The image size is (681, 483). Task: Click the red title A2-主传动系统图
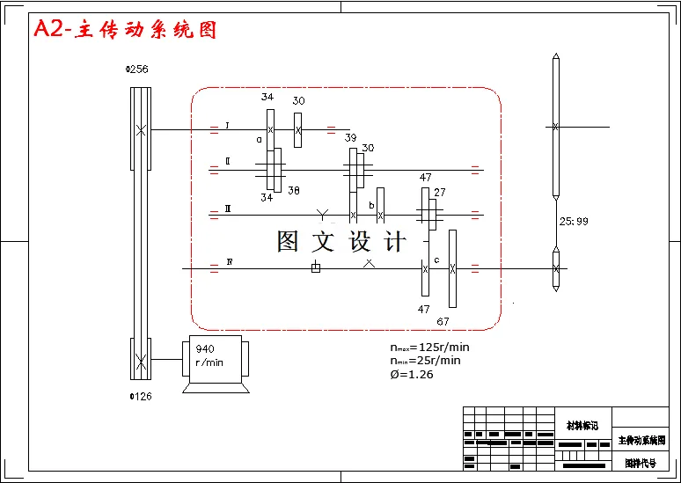tap(125, 30)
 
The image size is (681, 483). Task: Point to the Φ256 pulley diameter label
tap(138, 70)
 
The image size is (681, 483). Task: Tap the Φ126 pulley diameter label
tap(141, 396)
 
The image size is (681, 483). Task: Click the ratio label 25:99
tap(573, 222)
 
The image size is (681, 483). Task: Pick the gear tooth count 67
tap(443, 321)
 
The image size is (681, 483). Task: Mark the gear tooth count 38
tap(294, 190)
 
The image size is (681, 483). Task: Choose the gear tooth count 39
tap(350, 138)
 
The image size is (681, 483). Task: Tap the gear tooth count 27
tap(440, 192)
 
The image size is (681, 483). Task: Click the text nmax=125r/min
tap(429, 347)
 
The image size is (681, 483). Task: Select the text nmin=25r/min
tap(425, 360)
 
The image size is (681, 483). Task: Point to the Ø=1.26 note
tap(411, 374)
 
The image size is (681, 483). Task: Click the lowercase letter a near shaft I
tap(260, 139)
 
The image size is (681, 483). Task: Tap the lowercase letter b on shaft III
tap(371, 205)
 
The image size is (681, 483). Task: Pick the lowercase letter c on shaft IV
tap(436, 260)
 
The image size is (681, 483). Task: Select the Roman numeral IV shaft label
tap(230, 262)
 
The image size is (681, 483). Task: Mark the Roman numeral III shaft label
tap(228, 209)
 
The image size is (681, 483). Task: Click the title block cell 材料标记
tap(582, 426)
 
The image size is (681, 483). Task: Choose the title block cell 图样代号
tap(640, 463)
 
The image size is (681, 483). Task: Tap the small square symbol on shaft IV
tap(316, 267)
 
